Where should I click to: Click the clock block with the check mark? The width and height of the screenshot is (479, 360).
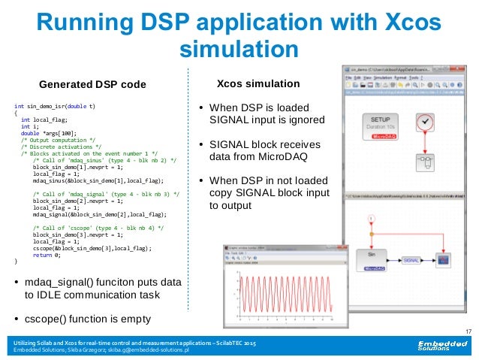426,122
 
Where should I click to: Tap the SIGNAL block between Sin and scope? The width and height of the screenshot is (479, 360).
411,259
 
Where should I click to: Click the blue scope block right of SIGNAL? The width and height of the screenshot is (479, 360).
444,259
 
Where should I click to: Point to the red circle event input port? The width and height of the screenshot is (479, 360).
370,219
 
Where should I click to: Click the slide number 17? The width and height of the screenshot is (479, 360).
468,331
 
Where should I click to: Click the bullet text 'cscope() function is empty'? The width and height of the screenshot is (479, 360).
94,318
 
